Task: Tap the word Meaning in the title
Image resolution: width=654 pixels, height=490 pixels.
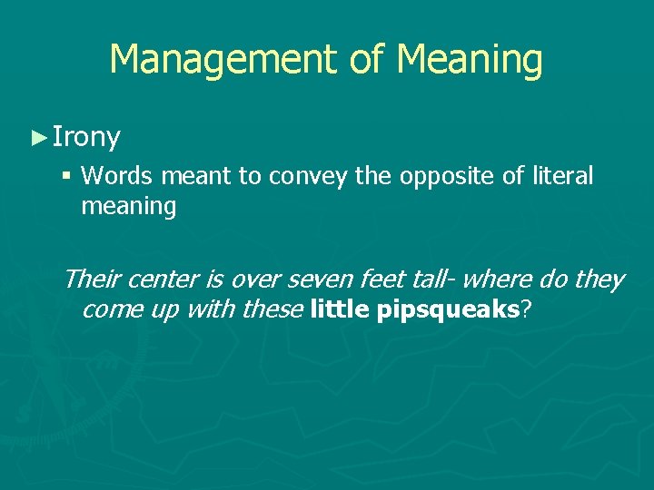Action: [x=470, y=61]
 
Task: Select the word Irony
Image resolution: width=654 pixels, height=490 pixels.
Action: [x=86, y=138]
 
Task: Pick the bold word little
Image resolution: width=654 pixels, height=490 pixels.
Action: [x=341, y=309]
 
